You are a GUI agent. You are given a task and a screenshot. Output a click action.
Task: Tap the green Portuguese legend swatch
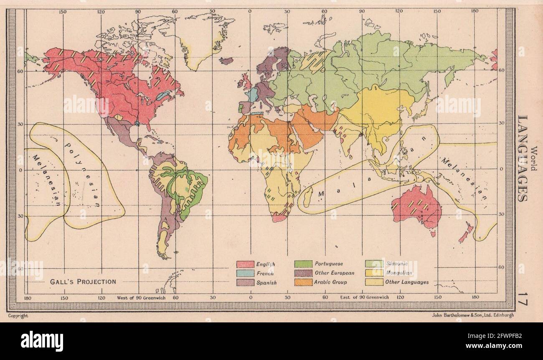coord(303,264)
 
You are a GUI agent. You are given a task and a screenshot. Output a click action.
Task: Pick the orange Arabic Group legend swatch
coord(303,282)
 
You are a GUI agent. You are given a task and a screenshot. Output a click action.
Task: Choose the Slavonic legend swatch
coord(374,264)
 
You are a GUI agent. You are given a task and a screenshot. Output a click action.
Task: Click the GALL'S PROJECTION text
coord(83,281)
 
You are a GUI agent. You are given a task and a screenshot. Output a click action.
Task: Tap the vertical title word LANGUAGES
coord(522,158)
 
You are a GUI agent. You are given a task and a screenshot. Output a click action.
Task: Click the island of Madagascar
coord(307,196)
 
